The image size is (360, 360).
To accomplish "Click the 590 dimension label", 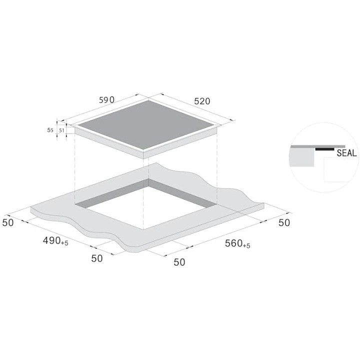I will [106, 100].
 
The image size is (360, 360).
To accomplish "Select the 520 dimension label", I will [202, 101].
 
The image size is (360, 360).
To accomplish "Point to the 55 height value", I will [50, 130].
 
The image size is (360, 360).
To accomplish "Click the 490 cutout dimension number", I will [51, 240].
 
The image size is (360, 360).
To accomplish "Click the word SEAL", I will [346, 153].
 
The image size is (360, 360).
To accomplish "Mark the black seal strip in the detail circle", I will [324, 149].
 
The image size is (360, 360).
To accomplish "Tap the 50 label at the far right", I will [283, 223].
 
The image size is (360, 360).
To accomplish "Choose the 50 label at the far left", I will [8, 222].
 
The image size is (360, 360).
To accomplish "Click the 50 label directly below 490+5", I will [97, 258].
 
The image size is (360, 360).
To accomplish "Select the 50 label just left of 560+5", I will [179, 261].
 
